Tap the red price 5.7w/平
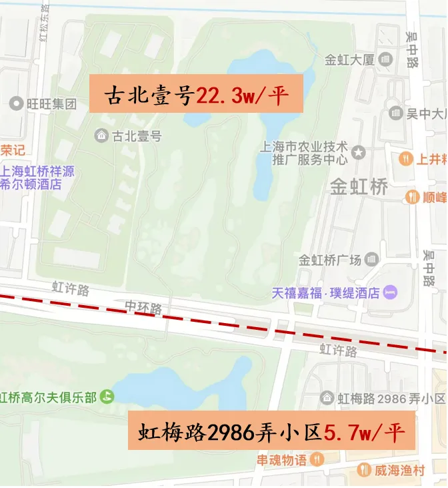pyautogui.click(x=365, y=432)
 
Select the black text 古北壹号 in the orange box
pyautogui.click(x=149, y=95)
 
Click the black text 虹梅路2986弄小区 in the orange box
pyautogui.click(x=231, y=432)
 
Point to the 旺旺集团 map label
pyautogui.click(x=52, y=103)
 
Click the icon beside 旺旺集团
pyautogui.click(x=17, y=103)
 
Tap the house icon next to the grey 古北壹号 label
pyautogui.click(x=101, y=136)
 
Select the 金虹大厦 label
pyautogui.click(x=349, y=59)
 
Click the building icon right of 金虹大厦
pyautogui.click(x=385, y=59)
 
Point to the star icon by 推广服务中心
pyautogui.click(x=359, y=153)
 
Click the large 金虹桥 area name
pyautogui.click(x=359, y=187)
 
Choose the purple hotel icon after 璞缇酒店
pyautogui.click(x=391, y=292)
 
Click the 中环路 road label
pyautogui.click(x=144, y=308)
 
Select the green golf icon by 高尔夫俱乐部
pyautogui.click(x=107, y=397)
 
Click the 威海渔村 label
pyautogui.click(x=399, y=470)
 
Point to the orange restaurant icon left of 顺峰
pyautogui.click(x=412, y=197)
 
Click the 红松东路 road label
pyautogui.click(x=45, y=24)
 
